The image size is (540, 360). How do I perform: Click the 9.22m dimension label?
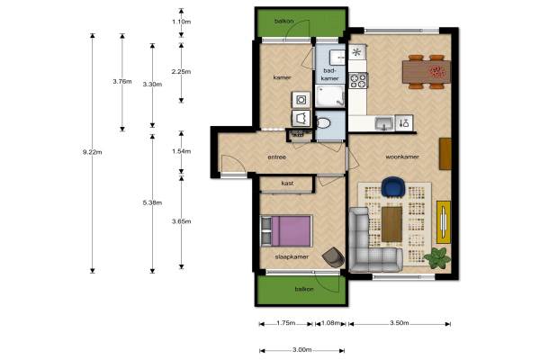click(93, 152)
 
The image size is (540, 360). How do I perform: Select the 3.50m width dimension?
click(400, 323)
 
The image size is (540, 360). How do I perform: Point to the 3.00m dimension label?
click(302, 350)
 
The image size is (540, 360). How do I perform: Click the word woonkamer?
click(402, 157)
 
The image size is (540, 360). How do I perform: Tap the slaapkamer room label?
click(292, 256)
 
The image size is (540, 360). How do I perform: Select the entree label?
click(277, 157)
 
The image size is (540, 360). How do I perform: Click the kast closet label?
click(287, 184)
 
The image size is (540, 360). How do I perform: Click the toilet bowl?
click(323, 123)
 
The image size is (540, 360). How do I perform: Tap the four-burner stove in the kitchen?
click(358, 81)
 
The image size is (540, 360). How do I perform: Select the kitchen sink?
click(384, 123)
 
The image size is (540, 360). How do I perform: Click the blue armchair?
click(393, 187)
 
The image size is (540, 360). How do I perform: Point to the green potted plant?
click(437, 257)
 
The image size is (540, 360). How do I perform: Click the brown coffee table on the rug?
click(391, 224)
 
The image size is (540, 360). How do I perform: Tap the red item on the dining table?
click(436, 71)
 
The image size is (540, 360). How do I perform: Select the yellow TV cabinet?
click(444, 222)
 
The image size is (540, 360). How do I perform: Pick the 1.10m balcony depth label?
click(182, 22)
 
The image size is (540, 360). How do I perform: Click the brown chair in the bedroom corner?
click(333, 257)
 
